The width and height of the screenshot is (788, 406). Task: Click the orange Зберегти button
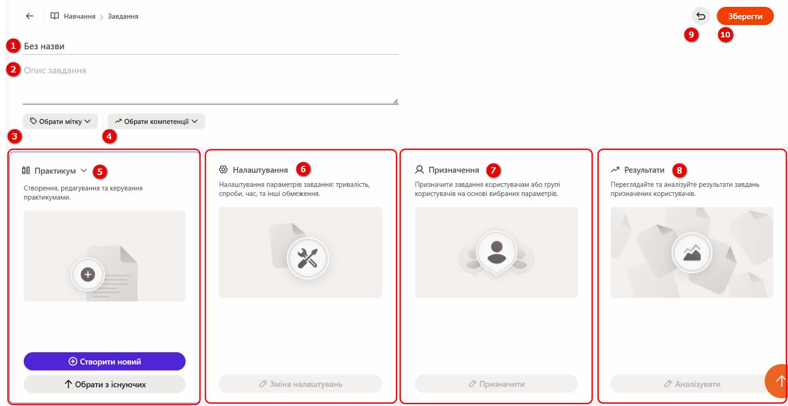tap(745, 16)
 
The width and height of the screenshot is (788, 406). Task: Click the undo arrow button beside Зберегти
tap(701, 16)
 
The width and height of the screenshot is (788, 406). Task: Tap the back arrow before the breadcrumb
tap(30, 16)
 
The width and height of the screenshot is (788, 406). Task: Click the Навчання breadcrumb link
tap(79, 16)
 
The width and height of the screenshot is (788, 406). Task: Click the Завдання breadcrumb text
tap(123, 16)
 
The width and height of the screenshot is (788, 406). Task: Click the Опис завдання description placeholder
tap(55, 71)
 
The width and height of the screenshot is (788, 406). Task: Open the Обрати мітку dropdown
tap(60, 121)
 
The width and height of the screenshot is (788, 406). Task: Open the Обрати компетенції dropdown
tap(156, 121)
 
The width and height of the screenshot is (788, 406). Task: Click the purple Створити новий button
tap(104, 361)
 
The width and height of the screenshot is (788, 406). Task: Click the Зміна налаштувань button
tap(301, 384)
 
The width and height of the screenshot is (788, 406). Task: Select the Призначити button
tap(496, 384)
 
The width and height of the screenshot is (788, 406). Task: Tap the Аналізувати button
tap(692, 384)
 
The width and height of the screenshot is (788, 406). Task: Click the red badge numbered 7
tap(493, 170)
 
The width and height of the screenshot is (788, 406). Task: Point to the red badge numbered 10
tap(725, 35)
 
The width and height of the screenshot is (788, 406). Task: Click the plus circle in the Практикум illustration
tap(88, 274)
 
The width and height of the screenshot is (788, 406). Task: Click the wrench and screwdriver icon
tap(308, 258)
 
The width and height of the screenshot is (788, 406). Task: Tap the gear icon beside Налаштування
tap(223, 170)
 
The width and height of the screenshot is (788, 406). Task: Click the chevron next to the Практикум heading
tap(84, 170)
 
